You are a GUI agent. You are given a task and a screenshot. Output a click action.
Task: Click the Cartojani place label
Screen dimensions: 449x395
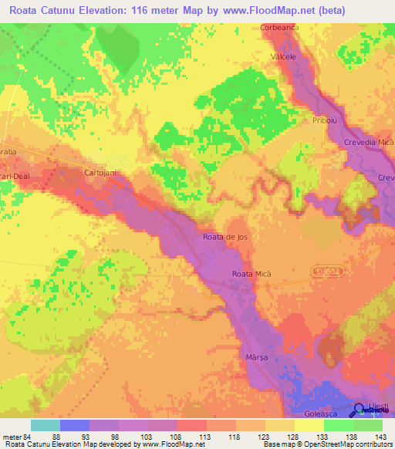click(100, 174)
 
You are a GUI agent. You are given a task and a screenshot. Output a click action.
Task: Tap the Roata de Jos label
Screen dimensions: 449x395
click(225, 237)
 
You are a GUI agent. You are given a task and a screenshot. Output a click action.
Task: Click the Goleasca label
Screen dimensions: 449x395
click(317, 413)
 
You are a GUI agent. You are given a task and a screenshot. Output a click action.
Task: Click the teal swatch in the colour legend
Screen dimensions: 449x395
click(46, 425)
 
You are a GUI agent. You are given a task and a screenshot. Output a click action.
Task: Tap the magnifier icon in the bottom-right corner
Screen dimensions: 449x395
click(360, 410)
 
